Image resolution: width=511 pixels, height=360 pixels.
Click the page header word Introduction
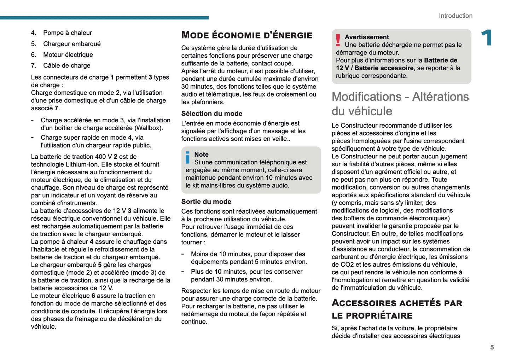pyautogui.click(x=455, y=16)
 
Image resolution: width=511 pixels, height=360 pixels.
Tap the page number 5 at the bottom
pyautogui.click(x=492, y=347)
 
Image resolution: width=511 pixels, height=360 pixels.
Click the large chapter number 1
pyautogui.click(x=487, y=38)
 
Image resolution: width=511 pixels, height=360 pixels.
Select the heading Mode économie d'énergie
pyautogui.click(x=246, y=35)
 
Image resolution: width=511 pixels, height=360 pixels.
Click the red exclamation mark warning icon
pyautogui.click(x=338, y=40)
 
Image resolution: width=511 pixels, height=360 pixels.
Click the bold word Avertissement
pyautogui.click(x=367, y=37)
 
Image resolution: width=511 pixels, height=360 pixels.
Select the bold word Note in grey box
pyautogui.click(x=201, y=155)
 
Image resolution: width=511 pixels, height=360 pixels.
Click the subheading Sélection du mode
pyautogui.click(x=211, y=114)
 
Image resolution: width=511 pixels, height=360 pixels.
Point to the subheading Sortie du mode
pyautogui.click(x=206, y=202)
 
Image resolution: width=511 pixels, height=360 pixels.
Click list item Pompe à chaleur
pyautogui.click(x=67, y=33)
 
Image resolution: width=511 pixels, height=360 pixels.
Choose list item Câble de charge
pyautogui.click(x=66, y=65)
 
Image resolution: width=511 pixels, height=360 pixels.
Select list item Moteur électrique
pyautogui.click(x=68, y=55)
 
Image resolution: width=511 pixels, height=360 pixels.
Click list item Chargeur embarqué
pyautogui.click(x=72, y=44)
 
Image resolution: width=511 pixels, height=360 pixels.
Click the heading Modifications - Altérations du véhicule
pyautogui.click(x=400, y=104)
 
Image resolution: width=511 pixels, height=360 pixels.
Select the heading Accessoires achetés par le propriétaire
pyautogui.click(x=397, y=309)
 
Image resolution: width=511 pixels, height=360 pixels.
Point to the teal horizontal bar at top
pyautogui.click(x=104, y=18)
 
